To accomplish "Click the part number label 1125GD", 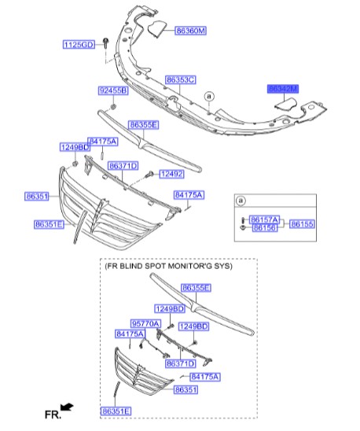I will tap(79, 45).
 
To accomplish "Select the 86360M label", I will tap(191, 30).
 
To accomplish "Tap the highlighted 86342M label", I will tap(283, 90).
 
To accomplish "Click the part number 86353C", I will tap(180, 80).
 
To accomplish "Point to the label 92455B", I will tap(113, 91).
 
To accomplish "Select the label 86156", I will tap(263, 228).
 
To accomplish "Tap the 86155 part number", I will tap(302, 223).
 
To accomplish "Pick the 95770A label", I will tap(145, 323).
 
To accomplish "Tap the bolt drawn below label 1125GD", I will tap(105, 57).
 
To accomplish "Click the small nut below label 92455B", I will tap(113, 105).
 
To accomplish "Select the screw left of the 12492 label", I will tap(149, 173).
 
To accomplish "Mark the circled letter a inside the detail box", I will tap(241, 201).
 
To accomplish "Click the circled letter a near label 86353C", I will tap(210, 96).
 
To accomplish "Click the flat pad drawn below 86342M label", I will tap(292, 102).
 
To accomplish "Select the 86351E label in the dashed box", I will tap(116, 411).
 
